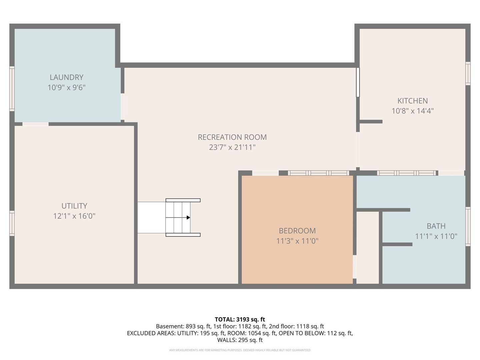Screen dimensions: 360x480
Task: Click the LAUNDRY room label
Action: (x=66, y=77)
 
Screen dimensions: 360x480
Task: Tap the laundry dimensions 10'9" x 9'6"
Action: (x=66, y=88)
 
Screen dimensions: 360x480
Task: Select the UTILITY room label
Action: (x=74, y=206)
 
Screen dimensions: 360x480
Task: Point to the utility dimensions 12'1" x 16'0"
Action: (x=74, y=216)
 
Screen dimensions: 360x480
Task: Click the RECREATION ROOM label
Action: (x=232, y=137)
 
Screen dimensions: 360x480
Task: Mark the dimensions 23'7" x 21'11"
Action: (x=232, y=147)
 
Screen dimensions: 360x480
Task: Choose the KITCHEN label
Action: (x=412, y=101)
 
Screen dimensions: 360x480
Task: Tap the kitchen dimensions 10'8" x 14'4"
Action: (x=412, y=111)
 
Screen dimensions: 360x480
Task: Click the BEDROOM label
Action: (x=297, y=231)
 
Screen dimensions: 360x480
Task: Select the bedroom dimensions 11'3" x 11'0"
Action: (x=297, y=241)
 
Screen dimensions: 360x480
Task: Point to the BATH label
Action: (x=436, y=226)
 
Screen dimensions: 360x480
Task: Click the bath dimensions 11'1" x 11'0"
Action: (x=436, y=236)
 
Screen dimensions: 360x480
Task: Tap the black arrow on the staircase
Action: (x=188, y=218)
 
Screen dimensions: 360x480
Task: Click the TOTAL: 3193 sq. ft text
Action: (x=240, y=319)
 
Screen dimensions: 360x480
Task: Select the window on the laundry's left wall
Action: (x=12, y=89)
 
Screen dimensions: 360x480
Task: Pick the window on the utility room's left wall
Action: (x=12, y=223)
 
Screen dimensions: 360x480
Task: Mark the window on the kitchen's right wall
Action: (x=468, y=74)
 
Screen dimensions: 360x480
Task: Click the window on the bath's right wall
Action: (x=468, y=227)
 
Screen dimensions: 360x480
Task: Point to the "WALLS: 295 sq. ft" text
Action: (x=240, y=340)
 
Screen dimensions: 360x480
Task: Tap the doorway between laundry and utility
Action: (x=35, y=124)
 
